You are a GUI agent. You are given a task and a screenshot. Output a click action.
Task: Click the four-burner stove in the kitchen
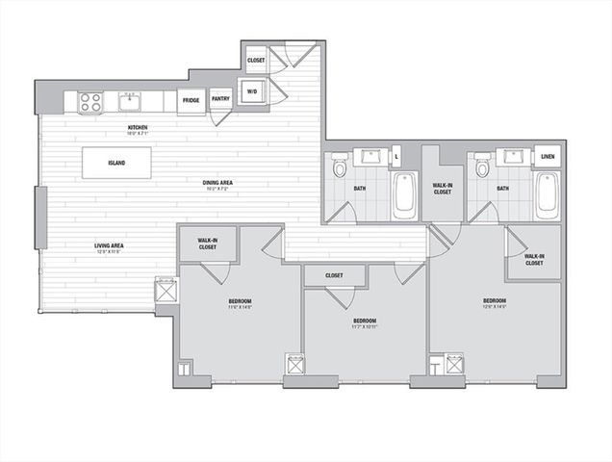pos(90,101)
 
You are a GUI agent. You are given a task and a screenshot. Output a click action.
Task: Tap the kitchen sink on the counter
pos(128,100)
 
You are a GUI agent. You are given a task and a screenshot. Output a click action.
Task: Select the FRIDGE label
pos(191,99)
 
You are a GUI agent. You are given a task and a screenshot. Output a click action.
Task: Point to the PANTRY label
pos(220,98)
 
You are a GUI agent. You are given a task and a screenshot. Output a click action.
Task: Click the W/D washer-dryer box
pos(252,92)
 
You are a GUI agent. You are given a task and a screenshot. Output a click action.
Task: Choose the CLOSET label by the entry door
pos(256,61)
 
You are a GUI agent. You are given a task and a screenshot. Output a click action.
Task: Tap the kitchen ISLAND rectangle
pos(115,162)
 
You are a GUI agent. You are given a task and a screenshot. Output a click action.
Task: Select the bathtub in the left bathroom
pos(404,195)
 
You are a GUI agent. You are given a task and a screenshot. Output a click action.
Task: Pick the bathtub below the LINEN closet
pos(547,194)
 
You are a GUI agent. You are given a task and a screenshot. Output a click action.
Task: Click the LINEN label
pos(548,156)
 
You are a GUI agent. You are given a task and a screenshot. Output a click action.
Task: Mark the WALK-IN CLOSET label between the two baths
pos(443,189)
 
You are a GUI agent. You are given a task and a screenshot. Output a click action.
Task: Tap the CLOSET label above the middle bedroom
pos(334,275)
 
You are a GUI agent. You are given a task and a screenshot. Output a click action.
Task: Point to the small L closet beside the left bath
pos(397,156)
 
